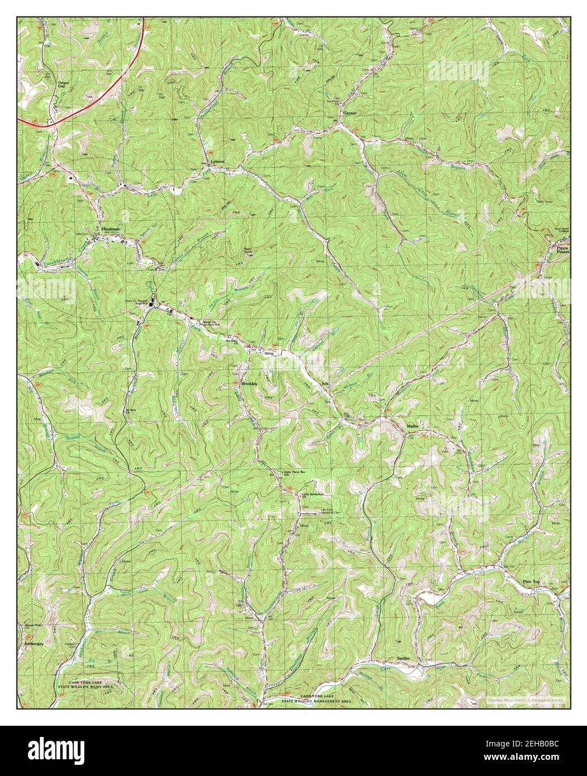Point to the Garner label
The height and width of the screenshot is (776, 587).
click(x=350, y=113)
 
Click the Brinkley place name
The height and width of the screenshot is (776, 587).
click(x=249, y=385)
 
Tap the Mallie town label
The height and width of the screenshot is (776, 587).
click(x=413, y=426)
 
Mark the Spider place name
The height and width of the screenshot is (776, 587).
click(x=403, y=658)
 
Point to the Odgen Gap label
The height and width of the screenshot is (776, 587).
click(x=50, y=85)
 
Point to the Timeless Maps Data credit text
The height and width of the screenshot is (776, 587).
click(x=525, y=700)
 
